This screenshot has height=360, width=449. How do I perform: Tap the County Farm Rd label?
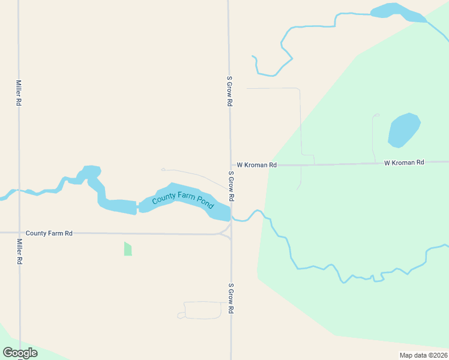pos(49,233)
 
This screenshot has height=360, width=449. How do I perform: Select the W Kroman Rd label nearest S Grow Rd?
pos(256,164)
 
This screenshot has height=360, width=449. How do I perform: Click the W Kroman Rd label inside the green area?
pos(404,163)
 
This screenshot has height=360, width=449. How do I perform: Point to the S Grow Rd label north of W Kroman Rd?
pos(229,91)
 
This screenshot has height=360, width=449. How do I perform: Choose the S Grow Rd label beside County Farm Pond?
pos(231,187)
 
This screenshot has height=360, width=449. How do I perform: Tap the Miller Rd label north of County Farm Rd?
pos(19,93)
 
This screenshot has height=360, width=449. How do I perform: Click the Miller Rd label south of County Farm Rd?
pos(19,252)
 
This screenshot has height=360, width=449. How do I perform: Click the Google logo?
pos(20,353)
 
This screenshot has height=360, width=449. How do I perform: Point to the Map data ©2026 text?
pos(423,355)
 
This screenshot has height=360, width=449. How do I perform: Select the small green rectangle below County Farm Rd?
pos(128,248)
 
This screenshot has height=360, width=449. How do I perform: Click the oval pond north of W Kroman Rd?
pos(403,130)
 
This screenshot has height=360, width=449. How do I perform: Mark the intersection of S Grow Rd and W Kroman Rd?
pos(231,165)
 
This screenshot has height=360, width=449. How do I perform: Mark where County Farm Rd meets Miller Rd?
pos(19,233)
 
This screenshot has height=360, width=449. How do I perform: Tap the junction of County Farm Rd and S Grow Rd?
pos(230,233)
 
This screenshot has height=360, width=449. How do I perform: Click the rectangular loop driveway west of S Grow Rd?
pos(202,310)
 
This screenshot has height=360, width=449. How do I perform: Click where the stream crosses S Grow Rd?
pos(231,216)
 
